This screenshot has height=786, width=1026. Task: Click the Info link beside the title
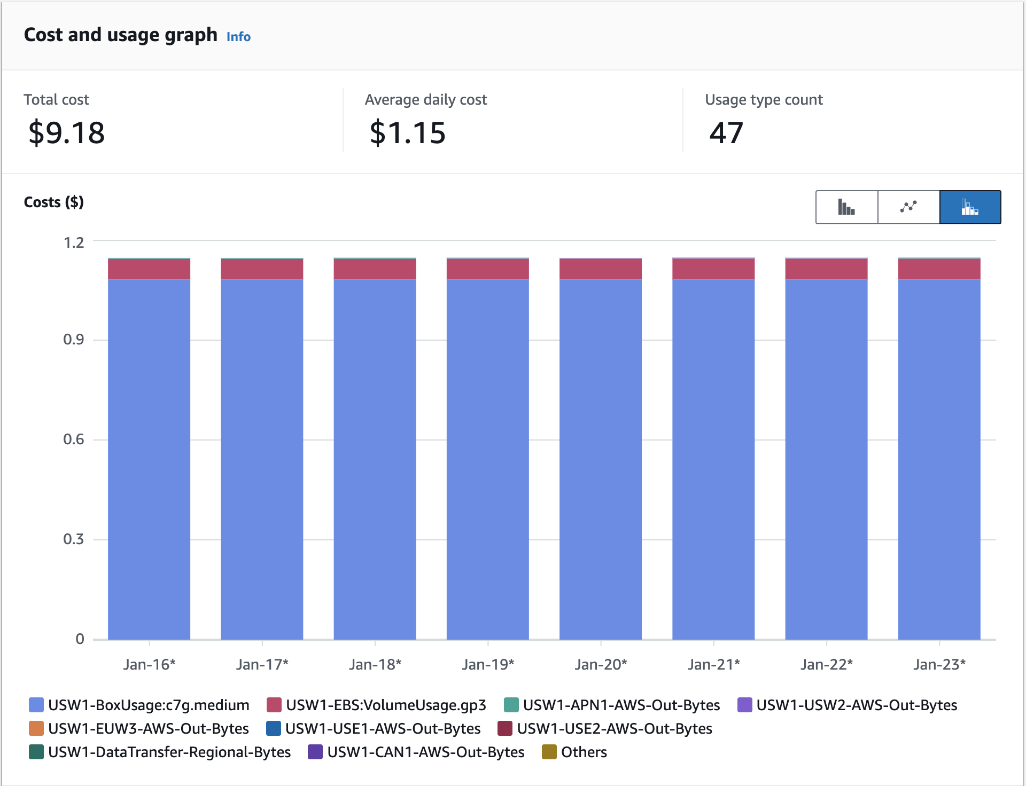(x=238, y=37)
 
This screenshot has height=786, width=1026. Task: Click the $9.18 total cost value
(x=67, y=132)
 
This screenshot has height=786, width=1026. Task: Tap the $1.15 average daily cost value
(x=407, y=132)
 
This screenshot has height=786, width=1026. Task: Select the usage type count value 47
(x=726, y=132)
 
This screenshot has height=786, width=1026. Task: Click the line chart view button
(x=908, y=207)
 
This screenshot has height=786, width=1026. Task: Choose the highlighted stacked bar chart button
(x=970, y=207)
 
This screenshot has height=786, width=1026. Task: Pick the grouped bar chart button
(x=846, y=207)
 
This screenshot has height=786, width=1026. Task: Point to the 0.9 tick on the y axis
(x=74, y=340)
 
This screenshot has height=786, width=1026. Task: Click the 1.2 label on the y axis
(x=74, y=243)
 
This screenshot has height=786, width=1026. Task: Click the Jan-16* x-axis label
(x=149, y=664)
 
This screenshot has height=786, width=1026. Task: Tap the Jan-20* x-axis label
(x=601, y=664)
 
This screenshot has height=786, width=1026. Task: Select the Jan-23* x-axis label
(x=939, y=664)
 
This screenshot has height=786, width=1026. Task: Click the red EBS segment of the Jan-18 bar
(x=375, y=269)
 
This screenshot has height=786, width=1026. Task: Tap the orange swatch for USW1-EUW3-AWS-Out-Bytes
(x=36, y=728)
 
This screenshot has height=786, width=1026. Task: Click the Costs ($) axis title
(x=54, y=202)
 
